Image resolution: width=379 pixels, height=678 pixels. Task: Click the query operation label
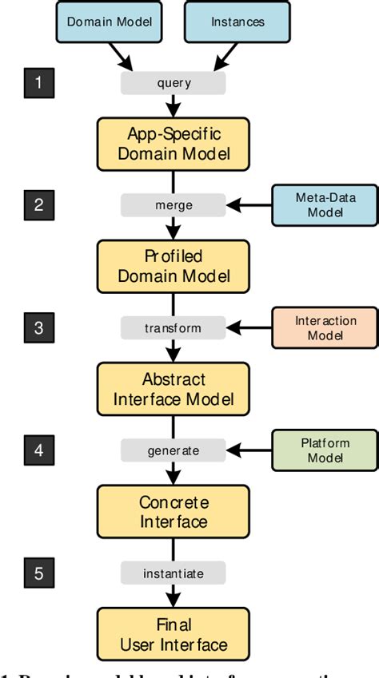point(174,83)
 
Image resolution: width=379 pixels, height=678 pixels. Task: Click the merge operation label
point(174,205)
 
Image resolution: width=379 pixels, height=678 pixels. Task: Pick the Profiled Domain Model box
point(174,266)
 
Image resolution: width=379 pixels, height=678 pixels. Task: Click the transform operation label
point(174,328)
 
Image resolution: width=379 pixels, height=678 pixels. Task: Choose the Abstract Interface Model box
point(174,389)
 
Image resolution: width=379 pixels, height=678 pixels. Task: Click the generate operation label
point(174,450)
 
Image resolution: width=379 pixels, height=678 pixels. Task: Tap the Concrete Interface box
point(174,511)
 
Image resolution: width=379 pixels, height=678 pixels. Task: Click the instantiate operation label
point(174,573)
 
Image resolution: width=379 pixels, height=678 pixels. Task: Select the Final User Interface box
point(174,634)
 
